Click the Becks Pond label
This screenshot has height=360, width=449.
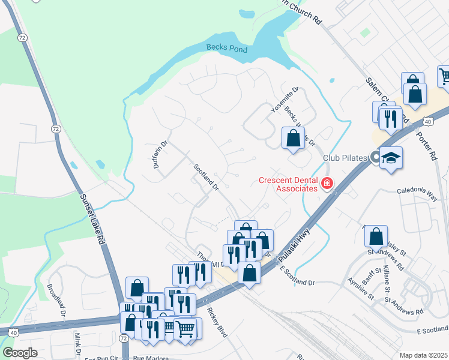(227, 49)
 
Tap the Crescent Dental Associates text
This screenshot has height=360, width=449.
(288, 184)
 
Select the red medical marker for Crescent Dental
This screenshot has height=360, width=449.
(327, 183)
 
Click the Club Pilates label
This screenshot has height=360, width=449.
(345, 158)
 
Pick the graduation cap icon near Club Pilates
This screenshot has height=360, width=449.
(391, 158)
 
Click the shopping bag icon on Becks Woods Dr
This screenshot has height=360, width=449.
(292, 137)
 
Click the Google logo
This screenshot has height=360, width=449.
(20, 353)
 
